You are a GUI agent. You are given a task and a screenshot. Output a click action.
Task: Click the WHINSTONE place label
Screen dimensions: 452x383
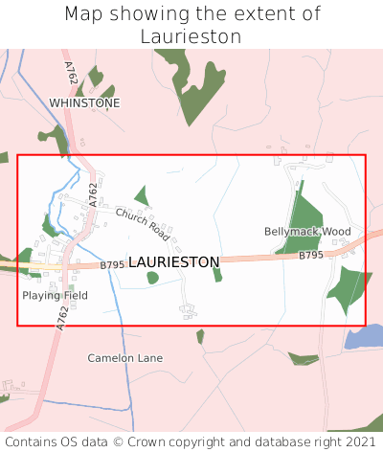pos(85,102)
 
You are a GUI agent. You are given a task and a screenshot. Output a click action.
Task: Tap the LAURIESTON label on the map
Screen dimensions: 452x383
pos(173,261)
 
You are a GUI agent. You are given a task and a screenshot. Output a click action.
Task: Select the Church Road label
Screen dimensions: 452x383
pos(143,225)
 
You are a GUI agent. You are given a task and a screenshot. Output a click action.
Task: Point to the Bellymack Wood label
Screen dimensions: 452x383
pos(307,232)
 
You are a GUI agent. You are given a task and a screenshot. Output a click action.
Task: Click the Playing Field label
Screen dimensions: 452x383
pos(55,296)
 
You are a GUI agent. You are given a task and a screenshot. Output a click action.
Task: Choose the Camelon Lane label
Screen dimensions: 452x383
pos(124,358)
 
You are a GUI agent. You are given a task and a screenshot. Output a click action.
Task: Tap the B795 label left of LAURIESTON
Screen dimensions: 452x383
pos(113,264)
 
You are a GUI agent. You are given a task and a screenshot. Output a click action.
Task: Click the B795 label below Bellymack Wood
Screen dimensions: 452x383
pos(311,256)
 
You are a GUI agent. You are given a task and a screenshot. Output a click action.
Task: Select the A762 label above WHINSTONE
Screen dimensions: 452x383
pos(71,73)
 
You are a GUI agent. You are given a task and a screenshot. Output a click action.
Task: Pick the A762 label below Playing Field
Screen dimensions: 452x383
pos(63,319)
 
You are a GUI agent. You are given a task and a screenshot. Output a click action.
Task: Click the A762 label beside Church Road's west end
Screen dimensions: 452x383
pos(94,194)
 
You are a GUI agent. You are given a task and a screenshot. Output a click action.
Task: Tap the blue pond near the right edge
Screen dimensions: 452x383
pos(365,336)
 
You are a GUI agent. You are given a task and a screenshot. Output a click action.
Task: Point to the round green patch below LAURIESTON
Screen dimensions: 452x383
pos(152,278)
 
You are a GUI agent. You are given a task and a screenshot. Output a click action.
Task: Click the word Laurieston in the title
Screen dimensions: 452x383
pos(191,36)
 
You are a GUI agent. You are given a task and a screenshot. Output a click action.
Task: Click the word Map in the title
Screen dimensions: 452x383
pos(82,14)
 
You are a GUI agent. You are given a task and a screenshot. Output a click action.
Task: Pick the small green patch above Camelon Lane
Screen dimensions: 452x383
pos(200,336)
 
